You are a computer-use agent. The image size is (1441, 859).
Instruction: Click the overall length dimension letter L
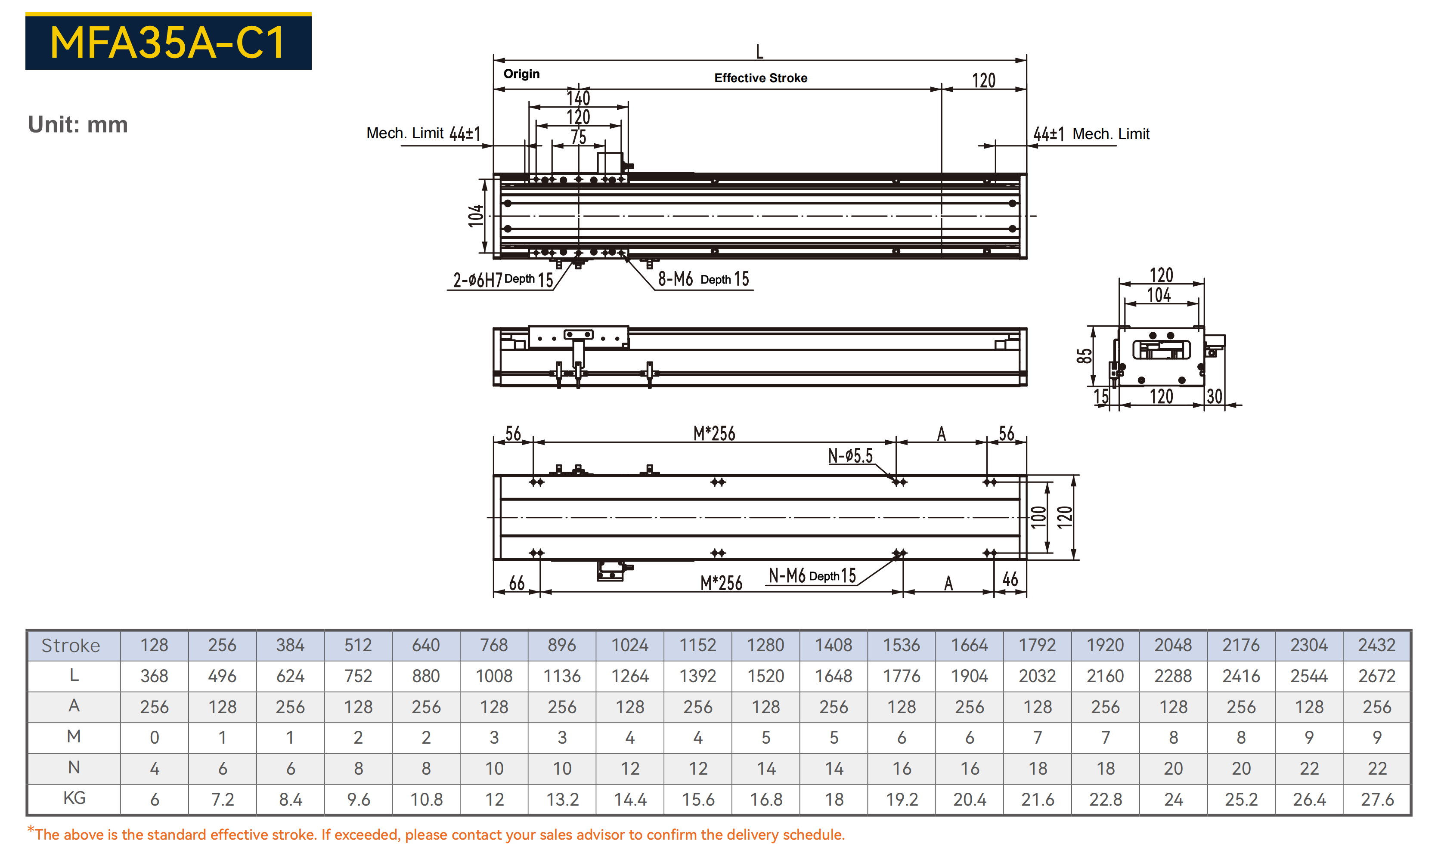(x=759, y=52)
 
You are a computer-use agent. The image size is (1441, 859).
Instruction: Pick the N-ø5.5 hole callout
(x=850, y=456)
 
